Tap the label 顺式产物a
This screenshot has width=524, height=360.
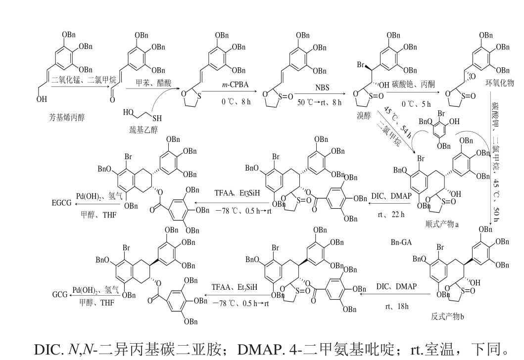click(x=442, y=224)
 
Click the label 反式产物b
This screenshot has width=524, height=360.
click(x=448, y=315)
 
